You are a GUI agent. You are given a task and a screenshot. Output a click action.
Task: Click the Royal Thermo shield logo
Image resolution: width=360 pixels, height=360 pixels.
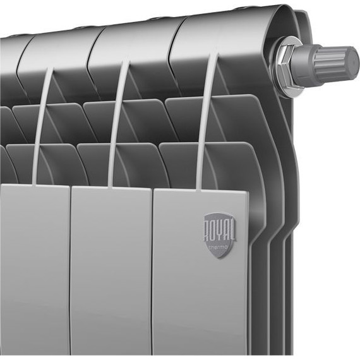(x=219, y=234)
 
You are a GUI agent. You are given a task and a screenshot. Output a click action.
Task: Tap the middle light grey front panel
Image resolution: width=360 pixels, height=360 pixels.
(x=110, y=272)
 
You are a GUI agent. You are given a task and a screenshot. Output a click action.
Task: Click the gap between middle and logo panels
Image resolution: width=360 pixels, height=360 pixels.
(x=152, y=272)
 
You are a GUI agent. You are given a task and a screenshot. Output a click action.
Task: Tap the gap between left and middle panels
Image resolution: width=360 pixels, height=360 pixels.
(x=69, y=272)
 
